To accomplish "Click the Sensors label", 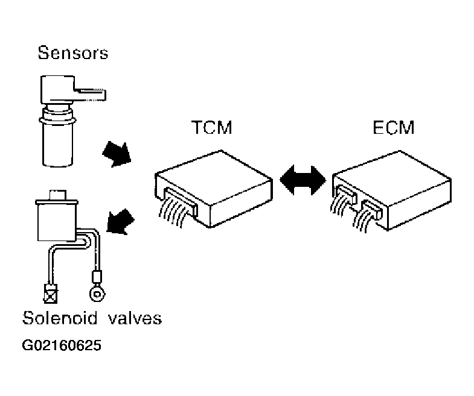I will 72,53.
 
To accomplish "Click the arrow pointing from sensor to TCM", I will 117,151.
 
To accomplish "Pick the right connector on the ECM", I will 370,210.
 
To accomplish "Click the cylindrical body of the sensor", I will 59,142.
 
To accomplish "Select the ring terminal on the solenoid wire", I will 95,294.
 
